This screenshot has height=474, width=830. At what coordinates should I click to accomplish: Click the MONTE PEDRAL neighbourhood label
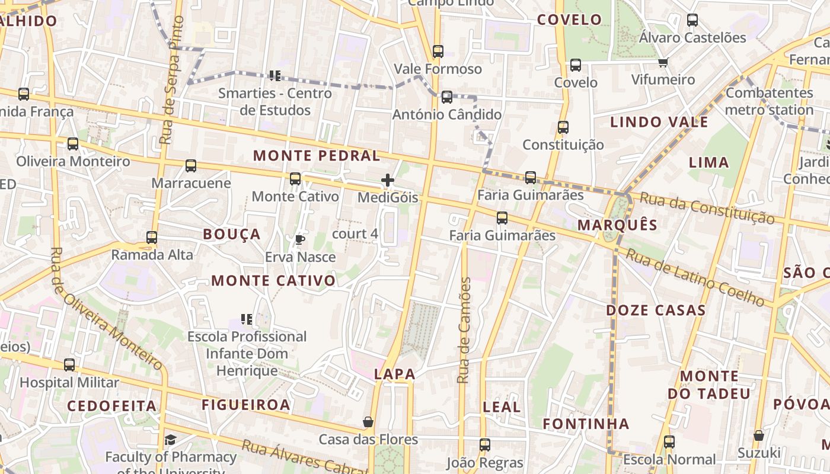tap(317, 156)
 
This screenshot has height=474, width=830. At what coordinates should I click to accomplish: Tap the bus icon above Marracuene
tap(191, 166)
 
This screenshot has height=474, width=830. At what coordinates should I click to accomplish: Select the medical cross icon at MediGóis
tap(388, 180)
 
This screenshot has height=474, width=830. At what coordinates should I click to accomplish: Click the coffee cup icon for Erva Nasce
tap(300, 239)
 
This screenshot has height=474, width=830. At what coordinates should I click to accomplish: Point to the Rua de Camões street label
tap(465, 330)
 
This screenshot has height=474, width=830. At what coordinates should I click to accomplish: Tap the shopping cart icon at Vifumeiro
tap(663, 63)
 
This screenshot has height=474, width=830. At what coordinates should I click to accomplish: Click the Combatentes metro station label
tap(769, 101)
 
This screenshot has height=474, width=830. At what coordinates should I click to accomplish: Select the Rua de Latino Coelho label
tap(695, 277)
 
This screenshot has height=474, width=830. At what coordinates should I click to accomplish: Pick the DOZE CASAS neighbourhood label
tap(656, 310)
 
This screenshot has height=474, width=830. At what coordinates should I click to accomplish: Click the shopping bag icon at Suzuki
tap(758, 435)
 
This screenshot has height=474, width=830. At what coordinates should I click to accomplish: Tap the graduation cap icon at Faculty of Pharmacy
tap(171, 440)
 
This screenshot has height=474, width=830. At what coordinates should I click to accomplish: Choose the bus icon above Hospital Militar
tap(69, 364)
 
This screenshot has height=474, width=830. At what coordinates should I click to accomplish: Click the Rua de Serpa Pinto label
tap(173, 80)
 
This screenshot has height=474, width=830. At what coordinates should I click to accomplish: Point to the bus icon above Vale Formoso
tap(438, 52)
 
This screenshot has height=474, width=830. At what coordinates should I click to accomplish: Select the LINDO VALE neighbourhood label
tap(659, 123)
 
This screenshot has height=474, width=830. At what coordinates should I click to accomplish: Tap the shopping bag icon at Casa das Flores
tap(368, 422)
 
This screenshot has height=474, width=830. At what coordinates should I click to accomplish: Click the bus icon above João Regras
tap(485, 444)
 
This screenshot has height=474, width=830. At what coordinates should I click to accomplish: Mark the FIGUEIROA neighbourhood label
tap(246, 405)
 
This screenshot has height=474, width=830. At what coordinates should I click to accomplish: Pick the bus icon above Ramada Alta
tap(152, 238)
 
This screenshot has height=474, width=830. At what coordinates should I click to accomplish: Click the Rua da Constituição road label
tap(707, 208)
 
